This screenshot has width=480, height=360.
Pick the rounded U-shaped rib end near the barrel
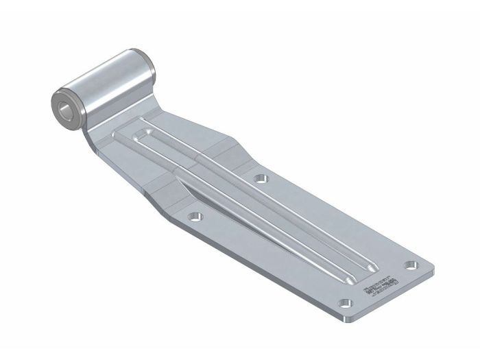pos(143,132)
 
